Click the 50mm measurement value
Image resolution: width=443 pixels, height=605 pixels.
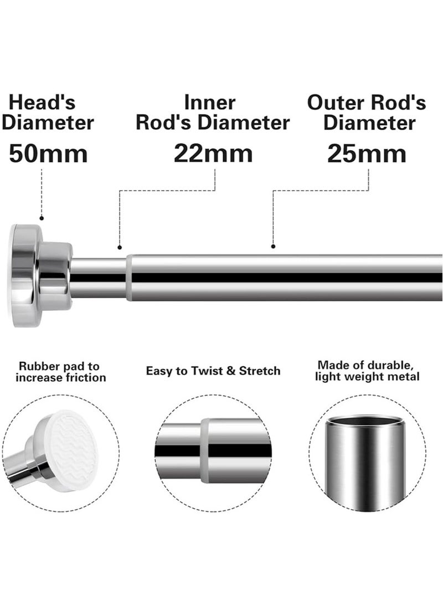pyautogui.click(x=48, y=153)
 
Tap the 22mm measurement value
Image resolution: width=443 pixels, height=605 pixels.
pyautogui.click(x=213, y=153)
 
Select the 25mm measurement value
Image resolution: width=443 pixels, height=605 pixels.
pyautogui.click(x=367, y=153)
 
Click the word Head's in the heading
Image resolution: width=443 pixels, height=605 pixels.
pyautogui.click(x=42, y=102)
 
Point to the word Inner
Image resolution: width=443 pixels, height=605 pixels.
pyautogui.click(x=210, y=102)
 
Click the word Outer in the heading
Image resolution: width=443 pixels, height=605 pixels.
pyautogui.click(x=336, y=102)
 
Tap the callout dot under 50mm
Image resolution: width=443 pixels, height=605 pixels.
pyautogui.click(x=42, y=218)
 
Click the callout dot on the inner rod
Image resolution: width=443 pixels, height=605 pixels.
pyautogui.click(x=120, y=247)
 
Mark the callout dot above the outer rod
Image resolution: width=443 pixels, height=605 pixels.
pyautogui.click(x=273, y=246)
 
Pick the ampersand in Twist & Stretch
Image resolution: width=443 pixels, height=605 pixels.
pyautogui.click(x=231, y=371)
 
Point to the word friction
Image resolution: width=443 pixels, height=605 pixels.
pyautogui.click(x=86, y=377)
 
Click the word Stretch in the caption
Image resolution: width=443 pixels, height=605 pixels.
pyautogui.click(x=260, y=371)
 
